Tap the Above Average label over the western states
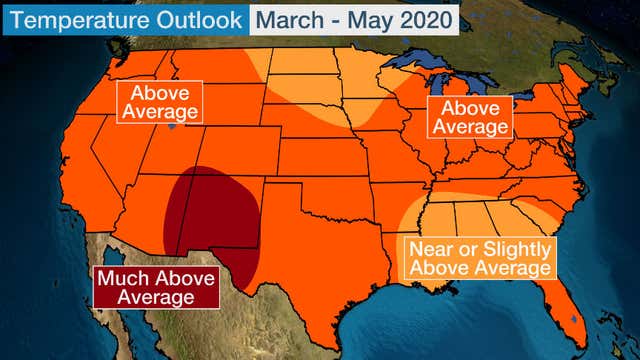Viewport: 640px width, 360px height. click(158, 101)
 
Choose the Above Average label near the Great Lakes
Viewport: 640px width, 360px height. click(468, 118)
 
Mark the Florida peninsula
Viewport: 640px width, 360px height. click(566, 305)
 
